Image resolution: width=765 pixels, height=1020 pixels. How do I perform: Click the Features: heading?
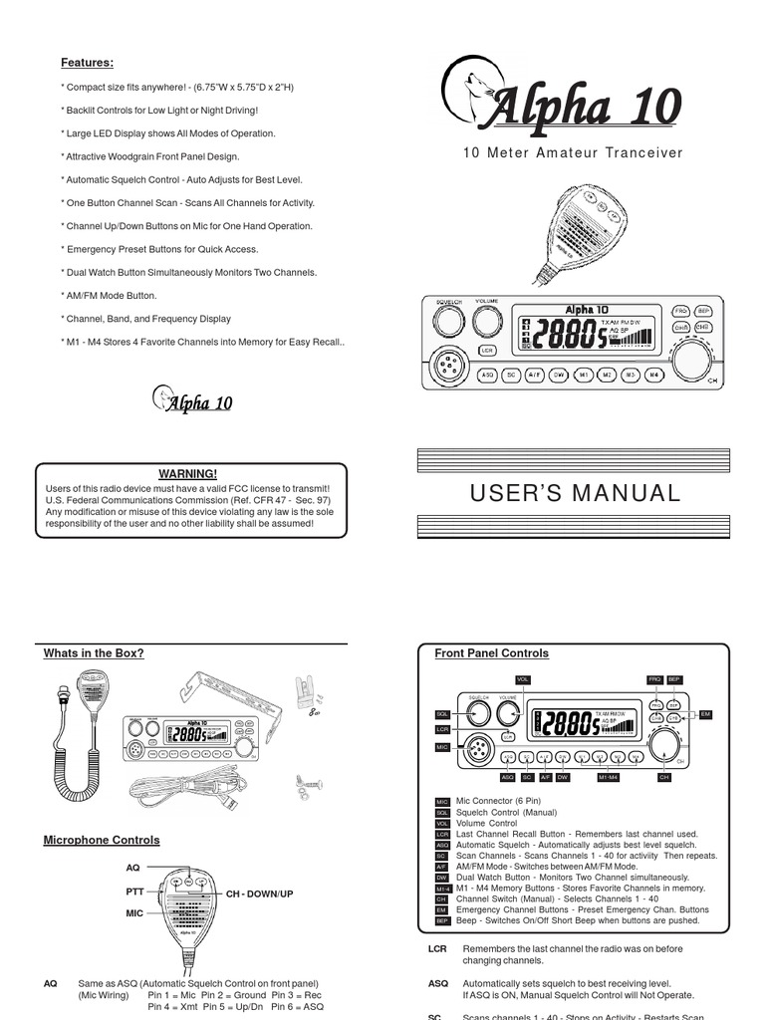pyautogui.click(x=87, y=63)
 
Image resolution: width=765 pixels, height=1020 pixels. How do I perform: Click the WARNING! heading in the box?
pyautogui.click(x=188, y=473)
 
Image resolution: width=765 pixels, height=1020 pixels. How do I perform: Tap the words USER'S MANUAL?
pyautogui.click(x=574, y=493)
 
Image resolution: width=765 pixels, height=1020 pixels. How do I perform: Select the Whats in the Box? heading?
pyautogui.click(x=94, y=653)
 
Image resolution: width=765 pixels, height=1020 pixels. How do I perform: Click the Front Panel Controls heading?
pyautogui.click(x=491, y=653)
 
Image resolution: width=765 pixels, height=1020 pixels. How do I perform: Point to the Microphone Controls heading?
pyautogui.click(x=101, y=841)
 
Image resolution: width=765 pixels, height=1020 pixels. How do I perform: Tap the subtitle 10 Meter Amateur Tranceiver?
pyautogui.click(x=573, y=152)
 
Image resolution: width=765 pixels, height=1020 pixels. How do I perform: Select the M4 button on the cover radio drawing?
pyautogui.click(x=654, y=376)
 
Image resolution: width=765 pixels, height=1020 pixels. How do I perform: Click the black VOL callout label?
pyautogui.click(x=522, y=679)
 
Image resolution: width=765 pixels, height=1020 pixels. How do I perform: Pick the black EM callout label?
pyautogui.click(x=705, y=714)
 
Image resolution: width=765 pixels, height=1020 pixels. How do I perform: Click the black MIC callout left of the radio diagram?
pyautogui.click(x=442, y=746)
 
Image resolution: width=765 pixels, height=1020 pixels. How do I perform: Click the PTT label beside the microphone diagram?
pyautogui.click(x=135, y=892)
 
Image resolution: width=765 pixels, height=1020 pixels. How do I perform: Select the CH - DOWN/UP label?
pyautogui.click(x=259, y=894)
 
